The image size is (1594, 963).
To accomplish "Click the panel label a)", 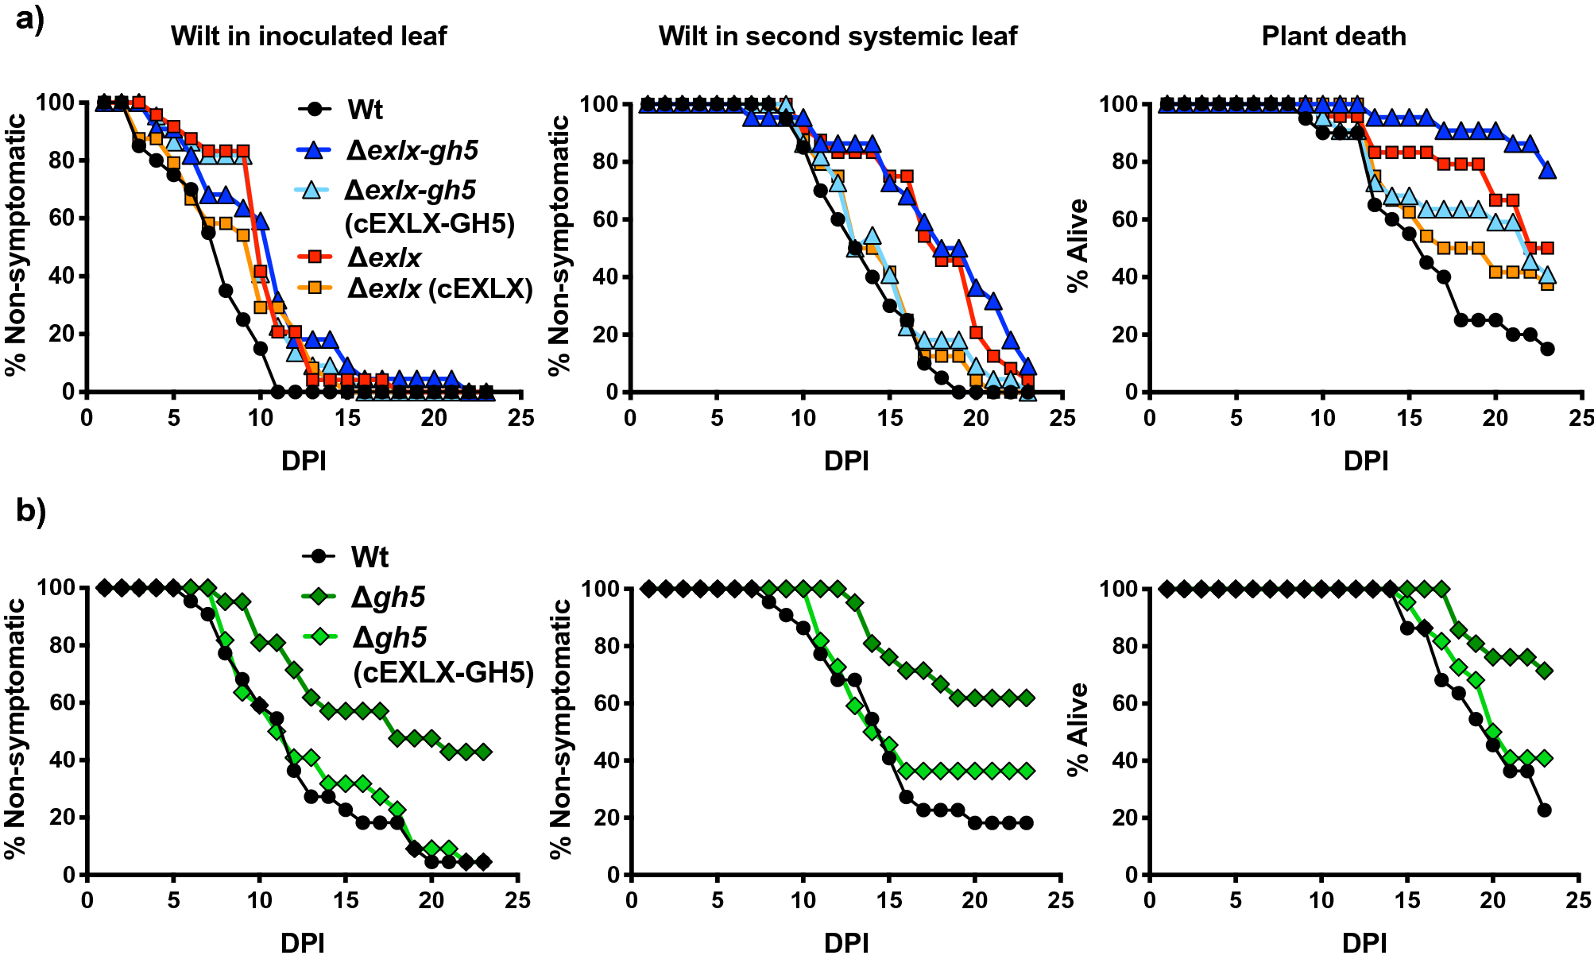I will pos(29,17).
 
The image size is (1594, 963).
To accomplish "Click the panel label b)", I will pos(31,511).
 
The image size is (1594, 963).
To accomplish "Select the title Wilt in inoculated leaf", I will pos(308,36).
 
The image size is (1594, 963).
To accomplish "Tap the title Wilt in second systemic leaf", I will pos(838,36).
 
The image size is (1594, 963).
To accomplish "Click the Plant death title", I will pos(1333,36).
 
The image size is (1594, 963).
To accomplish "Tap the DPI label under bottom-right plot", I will pos(1364,943).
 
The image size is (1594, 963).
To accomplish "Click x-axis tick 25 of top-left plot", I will pos(520,418).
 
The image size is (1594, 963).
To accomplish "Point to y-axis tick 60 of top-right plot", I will pos(1115,219).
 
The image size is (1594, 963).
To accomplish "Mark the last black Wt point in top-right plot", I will pos(1546,349).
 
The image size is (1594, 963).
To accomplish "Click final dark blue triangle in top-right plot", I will pos(1546,171).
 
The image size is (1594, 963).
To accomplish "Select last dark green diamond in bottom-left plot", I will pos(483,752).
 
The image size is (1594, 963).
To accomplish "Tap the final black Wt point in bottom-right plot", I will pos(1544,810).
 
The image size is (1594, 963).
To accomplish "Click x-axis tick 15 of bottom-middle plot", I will pos(889,900).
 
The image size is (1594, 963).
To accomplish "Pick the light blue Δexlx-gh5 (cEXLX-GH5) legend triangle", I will pos(312,191).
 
